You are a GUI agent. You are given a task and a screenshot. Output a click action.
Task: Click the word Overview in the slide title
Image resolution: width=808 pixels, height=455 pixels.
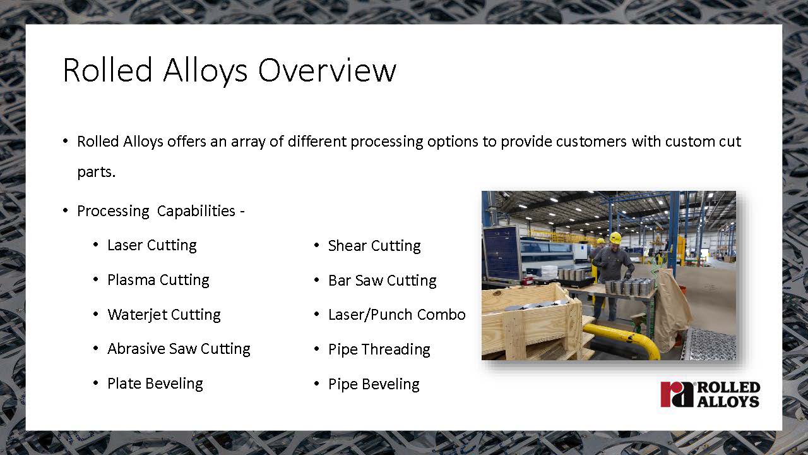click(x=327, y=70)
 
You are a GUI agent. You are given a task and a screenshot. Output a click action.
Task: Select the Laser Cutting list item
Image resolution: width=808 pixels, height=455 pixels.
click(x=152, y=246)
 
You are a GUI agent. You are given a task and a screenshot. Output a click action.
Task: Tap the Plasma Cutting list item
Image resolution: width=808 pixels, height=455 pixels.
click(x=158, y=280)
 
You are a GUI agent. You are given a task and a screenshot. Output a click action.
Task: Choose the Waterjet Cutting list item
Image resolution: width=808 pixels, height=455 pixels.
click(x=164, y=315)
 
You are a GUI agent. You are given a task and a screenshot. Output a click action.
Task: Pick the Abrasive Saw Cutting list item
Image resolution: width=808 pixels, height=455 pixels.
click(x=179, y=349)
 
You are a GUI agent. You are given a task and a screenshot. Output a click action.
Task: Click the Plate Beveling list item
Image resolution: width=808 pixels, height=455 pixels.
click(x=155, y=384)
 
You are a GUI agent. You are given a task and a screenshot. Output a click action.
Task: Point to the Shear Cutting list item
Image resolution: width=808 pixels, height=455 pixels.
click(x=374, y=246)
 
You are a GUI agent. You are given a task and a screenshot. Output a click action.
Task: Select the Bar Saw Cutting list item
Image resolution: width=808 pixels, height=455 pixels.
click(x=383, y=281)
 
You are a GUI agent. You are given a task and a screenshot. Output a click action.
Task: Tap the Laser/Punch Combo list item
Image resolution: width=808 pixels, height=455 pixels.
click(x=397, y=315)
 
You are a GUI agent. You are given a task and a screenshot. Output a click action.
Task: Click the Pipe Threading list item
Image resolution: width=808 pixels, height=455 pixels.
click(x=379, y=349)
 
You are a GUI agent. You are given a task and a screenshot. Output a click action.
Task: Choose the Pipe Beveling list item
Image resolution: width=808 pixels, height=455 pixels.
click(x=374, y=384)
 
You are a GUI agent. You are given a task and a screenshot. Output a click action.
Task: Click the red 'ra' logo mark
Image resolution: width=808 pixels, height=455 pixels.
click(x=677, y=394)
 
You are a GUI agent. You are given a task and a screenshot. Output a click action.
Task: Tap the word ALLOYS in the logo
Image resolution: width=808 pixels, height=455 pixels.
click(x=728, y=401)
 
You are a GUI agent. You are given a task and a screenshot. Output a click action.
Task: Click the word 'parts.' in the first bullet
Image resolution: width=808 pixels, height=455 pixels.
click(x=97, y=173)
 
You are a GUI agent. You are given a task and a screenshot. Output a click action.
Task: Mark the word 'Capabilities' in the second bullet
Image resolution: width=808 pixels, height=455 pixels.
click(x=196, y=211)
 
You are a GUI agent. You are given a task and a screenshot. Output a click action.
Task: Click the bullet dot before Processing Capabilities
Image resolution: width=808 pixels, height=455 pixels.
click(x=65, y=210)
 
